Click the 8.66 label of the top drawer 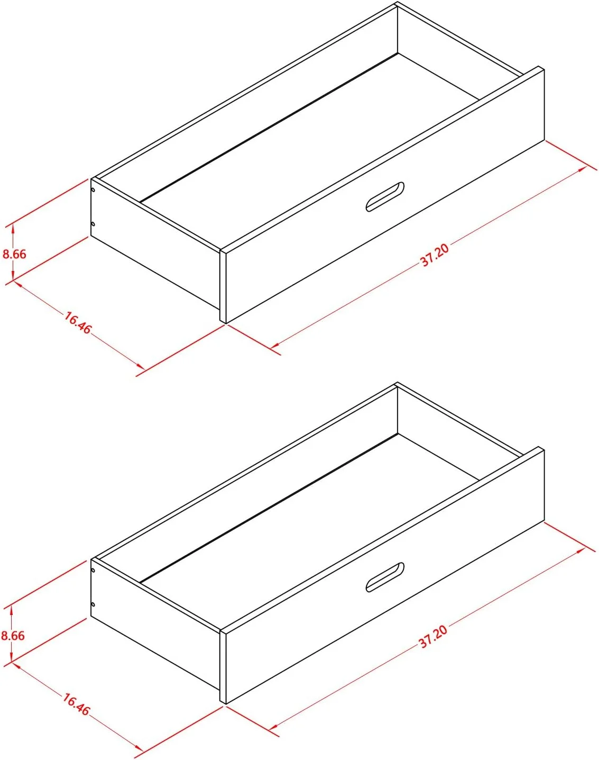point(14,254)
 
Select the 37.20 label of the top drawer point(435,255)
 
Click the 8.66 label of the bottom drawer point(13,636)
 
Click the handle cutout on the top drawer point(385,197)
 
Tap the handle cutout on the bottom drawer point(385,578)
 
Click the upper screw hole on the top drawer point(93,190)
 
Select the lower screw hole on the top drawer point(93,224)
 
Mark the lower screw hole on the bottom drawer point(93,604)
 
